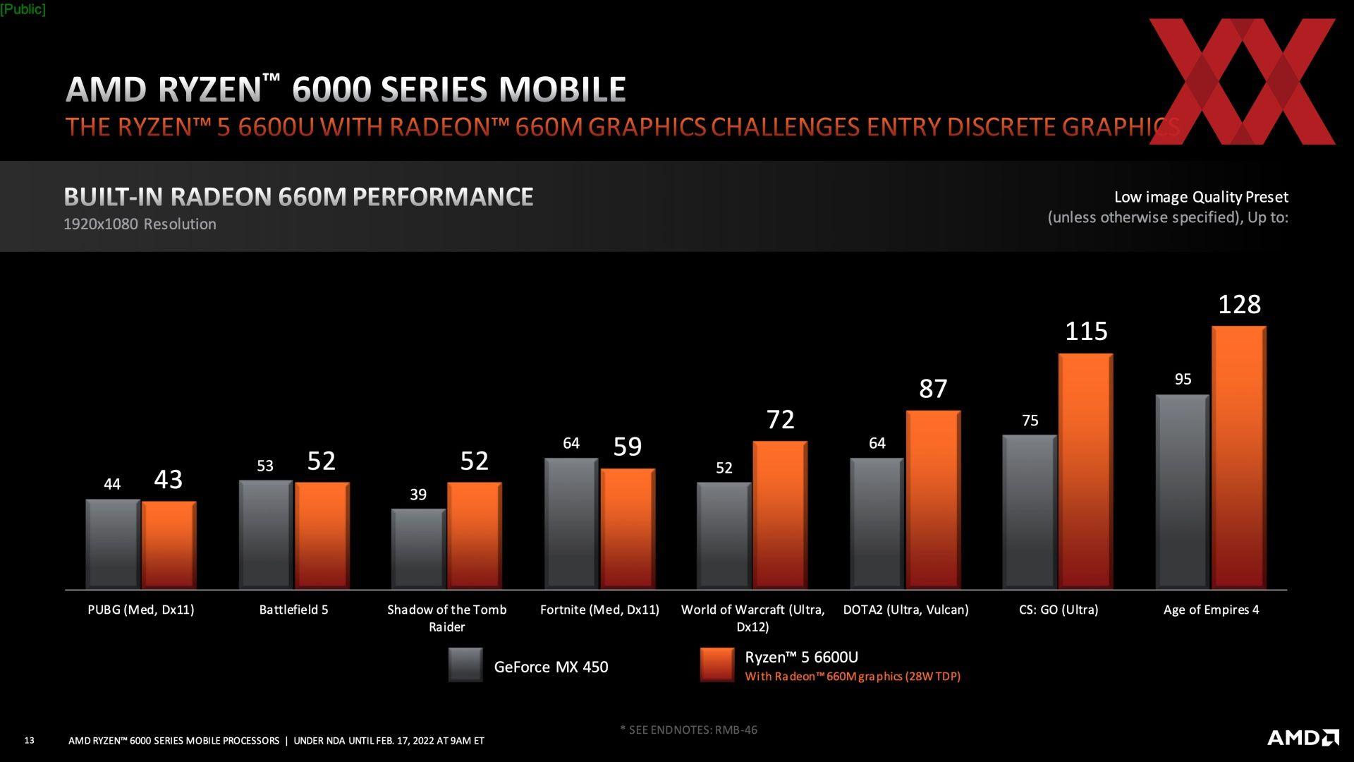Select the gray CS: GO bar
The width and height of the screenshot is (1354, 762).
point(1029,512)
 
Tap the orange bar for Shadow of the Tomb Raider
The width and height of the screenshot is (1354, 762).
point(474,536)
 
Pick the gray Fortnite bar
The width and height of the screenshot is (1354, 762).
point(571,524)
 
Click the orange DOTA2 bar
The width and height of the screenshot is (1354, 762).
point(933,500)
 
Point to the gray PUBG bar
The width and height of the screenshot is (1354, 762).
point(113,544)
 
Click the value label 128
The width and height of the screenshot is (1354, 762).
point(1239,305)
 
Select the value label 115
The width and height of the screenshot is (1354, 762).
point(1086,332)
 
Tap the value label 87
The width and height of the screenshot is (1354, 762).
point(933,389)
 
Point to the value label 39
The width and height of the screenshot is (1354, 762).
point(418,495)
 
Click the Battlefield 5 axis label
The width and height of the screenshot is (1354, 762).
point(293,610)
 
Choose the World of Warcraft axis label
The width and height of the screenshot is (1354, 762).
point(752,618)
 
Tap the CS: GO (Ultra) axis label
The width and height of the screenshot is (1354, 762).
point(1059,610)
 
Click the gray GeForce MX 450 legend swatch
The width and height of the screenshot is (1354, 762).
point(465,665)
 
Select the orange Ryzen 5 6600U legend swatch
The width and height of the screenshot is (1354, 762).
point(717,665)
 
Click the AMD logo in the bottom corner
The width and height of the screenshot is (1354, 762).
point(1303,738)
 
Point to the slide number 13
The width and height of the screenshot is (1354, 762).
point(29,740)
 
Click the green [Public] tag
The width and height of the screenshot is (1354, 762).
point(23,9)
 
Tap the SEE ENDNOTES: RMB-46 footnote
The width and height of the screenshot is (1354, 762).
point(689,730)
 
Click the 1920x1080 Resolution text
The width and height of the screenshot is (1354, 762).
point(140,224)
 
